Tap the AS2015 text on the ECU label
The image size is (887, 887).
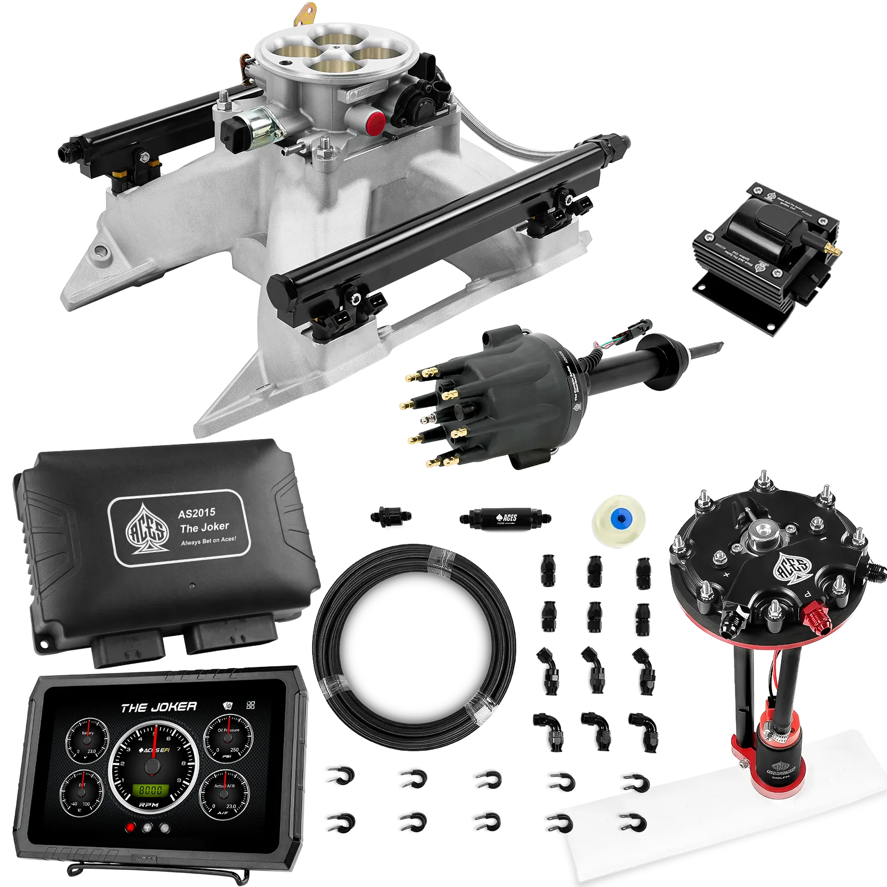coord(196,513)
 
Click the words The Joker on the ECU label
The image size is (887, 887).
coord(204,527)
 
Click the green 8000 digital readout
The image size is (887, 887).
coord(150,790)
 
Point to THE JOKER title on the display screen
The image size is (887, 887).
coord(159,707)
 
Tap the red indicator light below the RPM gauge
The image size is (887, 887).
coord(131,828)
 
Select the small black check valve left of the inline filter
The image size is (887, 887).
coord(390,516)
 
